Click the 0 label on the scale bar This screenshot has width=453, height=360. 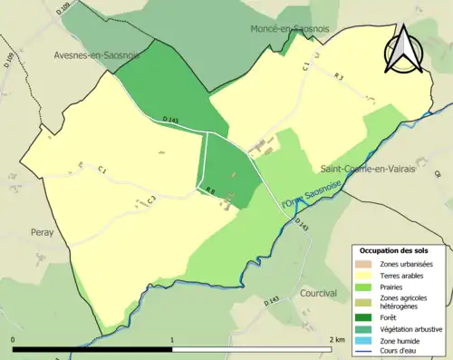coord(13,340)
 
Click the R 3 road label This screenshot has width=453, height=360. coord(338,78)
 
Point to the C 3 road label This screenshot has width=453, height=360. coord(151,199)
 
